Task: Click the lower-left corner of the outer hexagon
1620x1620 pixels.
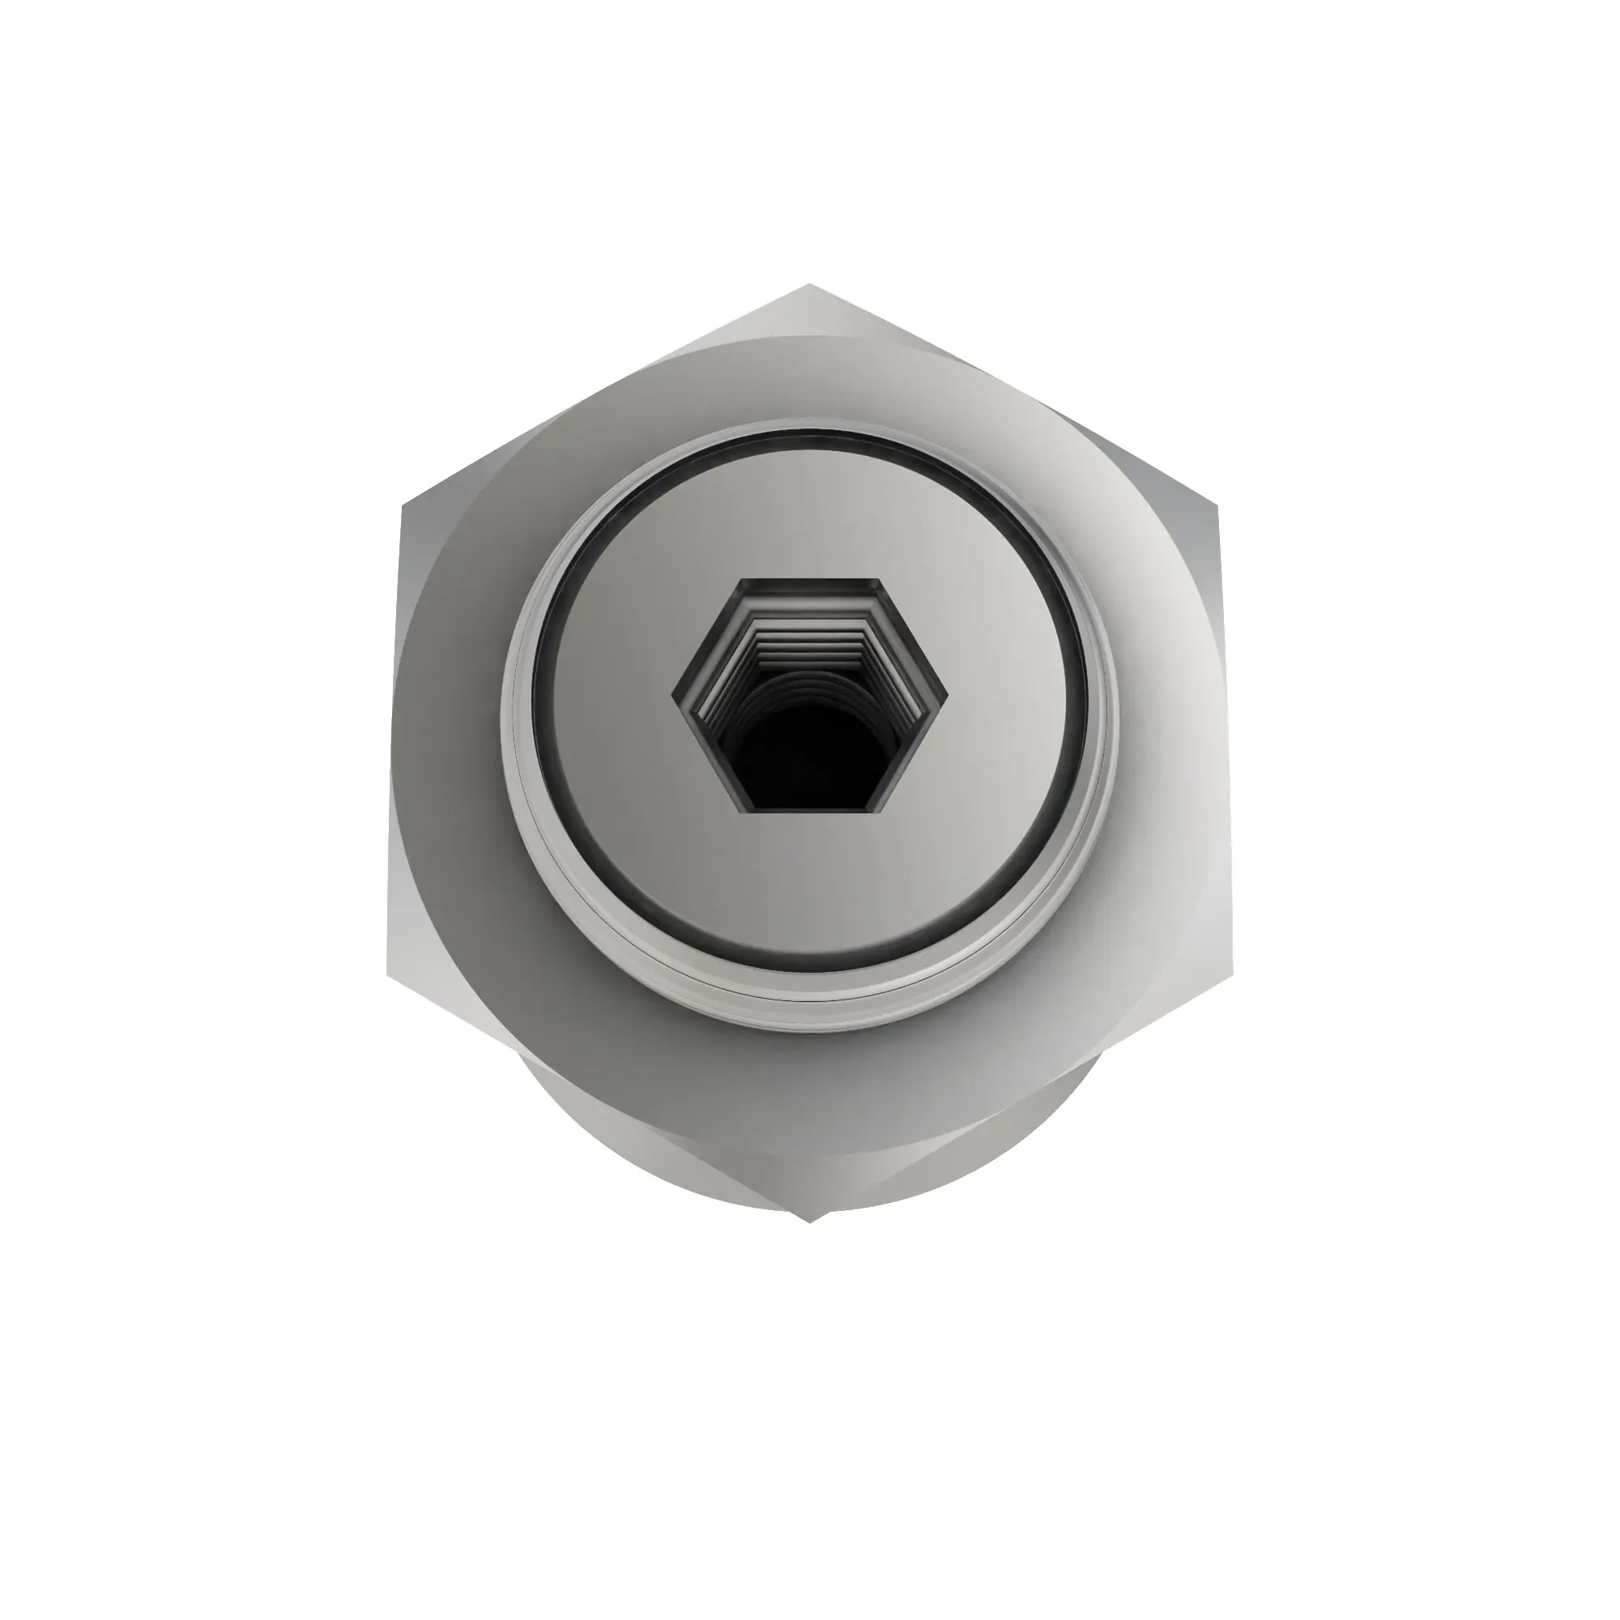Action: point(387,975)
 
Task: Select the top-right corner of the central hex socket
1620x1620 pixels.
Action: point(881,578)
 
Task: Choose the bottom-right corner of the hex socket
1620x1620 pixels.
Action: point(881,809)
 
